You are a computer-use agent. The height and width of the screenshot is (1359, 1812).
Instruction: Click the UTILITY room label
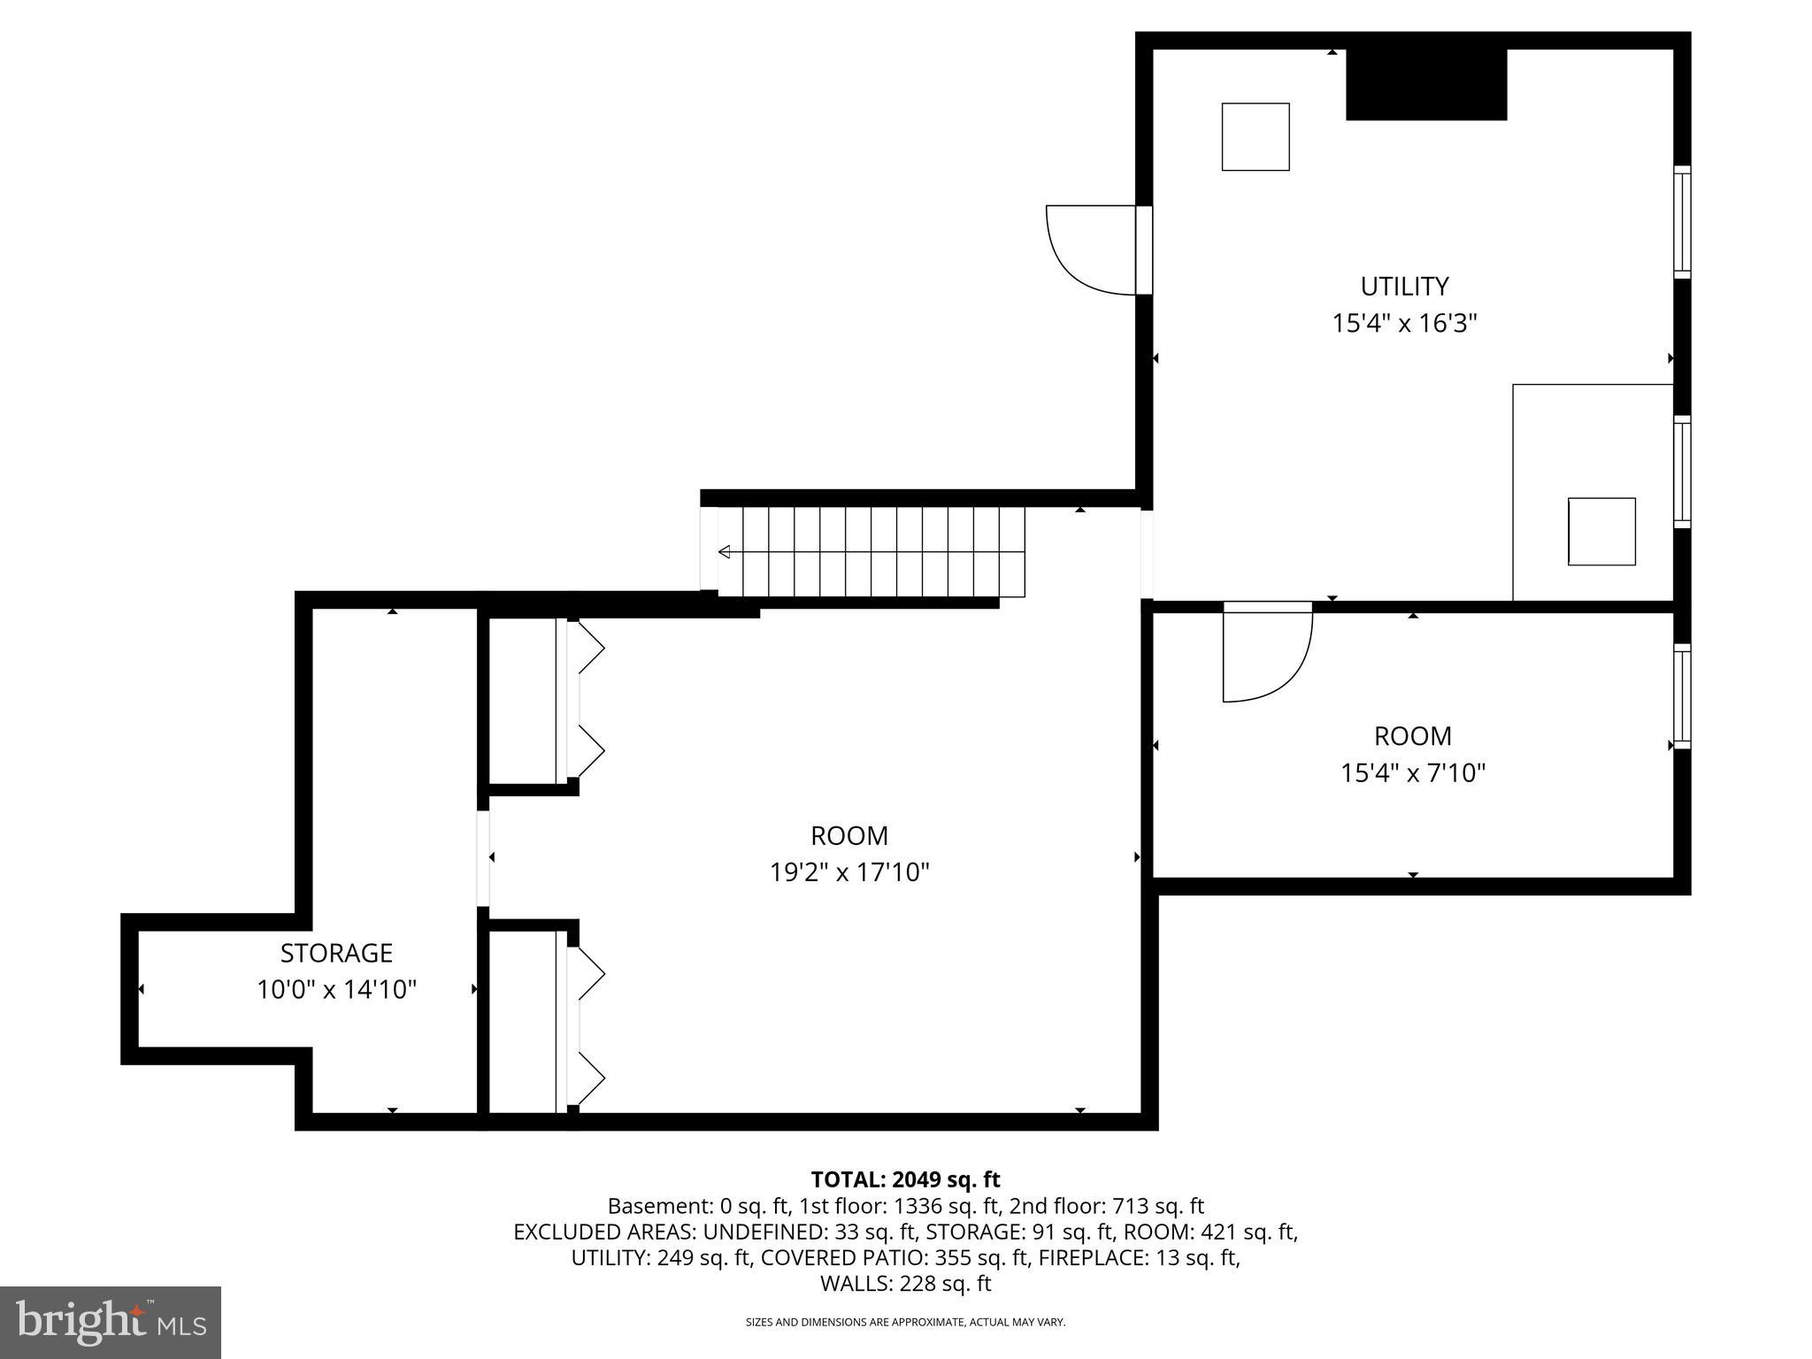click(1404, 287)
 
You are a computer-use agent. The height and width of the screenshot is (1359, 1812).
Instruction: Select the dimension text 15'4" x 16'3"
click(1404, 324)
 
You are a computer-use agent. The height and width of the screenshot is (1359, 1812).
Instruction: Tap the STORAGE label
click(336, 953)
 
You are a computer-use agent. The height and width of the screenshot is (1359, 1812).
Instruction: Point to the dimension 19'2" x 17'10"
click(849, 873)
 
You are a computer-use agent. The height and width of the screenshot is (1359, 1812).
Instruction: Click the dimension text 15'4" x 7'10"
click(1412, 773)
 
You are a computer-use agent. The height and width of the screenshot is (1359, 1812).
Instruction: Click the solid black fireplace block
click(1425, 85)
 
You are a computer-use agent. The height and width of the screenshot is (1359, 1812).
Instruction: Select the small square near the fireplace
click(1255, 137)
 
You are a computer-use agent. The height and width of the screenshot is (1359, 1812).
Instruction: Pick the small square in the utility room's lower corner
click(1601, 532)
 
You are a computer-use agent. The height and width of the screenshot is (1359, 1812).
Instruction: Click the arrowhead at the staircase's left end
click(724, 552)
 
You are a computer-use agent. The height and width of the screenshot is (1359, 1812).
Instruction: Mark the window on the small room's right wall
click(1681, 696)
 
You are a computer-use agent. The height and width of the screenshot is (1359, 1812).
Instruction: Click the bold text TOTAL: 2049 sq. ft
click(905, 1179)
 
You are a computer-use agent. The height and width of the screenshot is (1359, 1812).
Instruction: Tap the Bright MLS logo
click(111, 1323)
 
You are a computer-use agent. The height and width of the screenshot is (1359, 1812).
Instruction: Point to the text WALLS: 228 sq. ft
click(905, 1284)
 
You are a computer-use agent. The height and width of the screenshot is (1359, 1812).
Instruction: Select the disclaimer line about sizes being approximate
click(905, 1323)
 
